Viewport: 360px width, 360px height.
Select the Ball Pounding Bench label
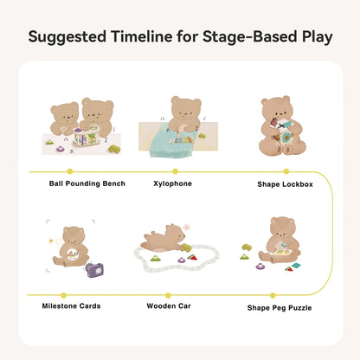[x=87, y=183]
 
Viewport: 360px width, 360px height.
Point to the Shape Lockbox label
[x=285, y=183]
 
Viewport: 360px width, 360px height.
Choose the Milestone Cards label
[x=71, y=305]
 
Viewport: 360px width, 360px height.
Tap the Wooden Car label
[x=169, y=305]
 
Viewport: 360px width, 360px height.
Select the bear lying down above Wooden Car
[x=164, y=239]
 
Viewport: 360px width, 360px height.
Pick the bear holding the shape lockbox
[x=282, y=127]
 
